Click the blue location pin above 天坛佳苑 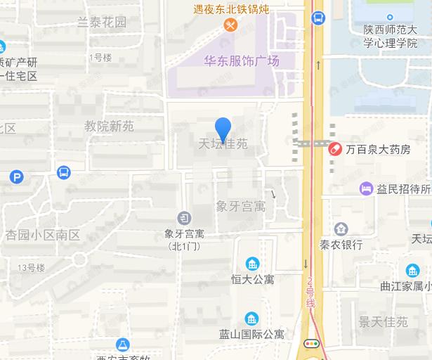[223, 129]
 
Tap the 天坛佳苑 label [223, 145]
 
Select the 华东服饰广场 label [242, 61]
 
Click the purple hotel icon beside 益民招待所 [365, 188]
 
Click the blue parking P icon [17, 176]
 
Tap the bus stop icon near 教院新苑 [64, 172]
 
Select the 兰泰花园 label [102, 22]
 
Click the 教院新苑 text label [109, 127]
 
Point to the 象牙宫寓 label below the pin [240, 206]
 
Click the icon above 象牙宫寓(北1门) [183, 217]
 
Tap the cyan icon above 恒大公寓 [252, 264]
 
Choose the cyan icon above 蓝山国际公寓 [252, 319]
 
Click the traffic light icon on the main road [311, 343]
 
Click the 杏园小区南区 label [43, 235]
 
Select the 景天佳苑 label [383, 322]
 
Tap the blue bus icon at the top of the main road [318, 18]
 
